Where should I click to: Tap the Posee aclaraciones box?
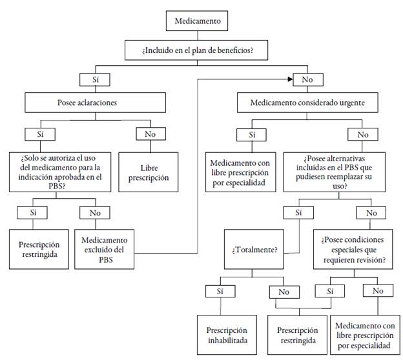[x=97, y=103]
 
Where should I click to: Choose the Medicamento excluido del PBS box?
[x=104, y=248]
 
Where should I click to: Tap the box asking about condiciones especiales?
[x=353, y=248]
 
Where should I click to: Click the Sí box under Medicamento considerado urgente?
[x=251, y=134]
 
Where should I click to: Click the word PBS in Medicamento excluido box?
[x=104, y=259]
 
